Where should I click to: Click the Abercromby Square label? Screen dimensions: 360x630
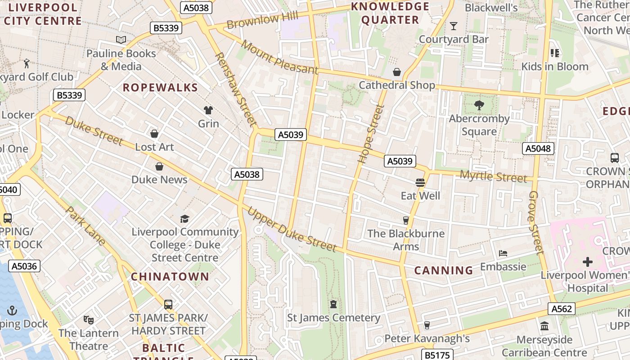click(479, 125)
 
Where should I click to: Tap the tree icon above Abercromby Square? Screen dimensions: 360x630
click(479, 106)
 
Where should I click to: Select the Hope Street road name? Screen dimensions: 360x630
click(371, 134)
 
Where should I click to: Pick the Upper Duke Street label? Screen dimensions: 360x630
click(292, 230)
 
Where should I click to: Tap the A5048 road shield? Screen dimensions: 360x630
click(538, 148)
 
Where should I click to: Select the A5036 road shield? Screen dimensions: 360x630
click(24, 266)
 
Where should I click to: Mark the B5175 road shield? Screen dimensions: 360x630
click(436, 355)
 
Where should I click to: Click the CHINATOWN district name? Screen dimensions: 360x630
click(170, 277)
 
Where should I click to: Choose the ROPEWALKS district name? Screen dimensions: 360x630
click(160, 88)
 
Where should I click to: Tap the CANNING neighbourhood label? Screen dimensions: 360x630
click(443, 270)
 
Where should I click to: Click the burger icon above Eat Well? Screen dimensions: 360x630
click(420, 182)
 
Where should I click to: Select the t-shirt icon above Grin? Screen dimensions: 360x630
click(208, 110)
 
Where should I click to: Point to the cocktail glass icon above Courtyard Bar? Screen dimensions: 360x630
click(454, 26)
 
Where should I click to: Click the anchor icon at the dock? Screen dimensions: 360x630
click(12, 310)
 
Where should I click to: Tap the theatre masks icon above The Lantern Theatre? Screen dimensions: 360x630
click(89, 320)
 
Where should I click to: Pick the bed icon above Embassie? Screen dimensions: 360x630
click(503, 253)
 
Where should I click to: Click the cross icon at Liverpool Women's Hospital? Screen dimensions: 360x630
click(587, 261)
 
